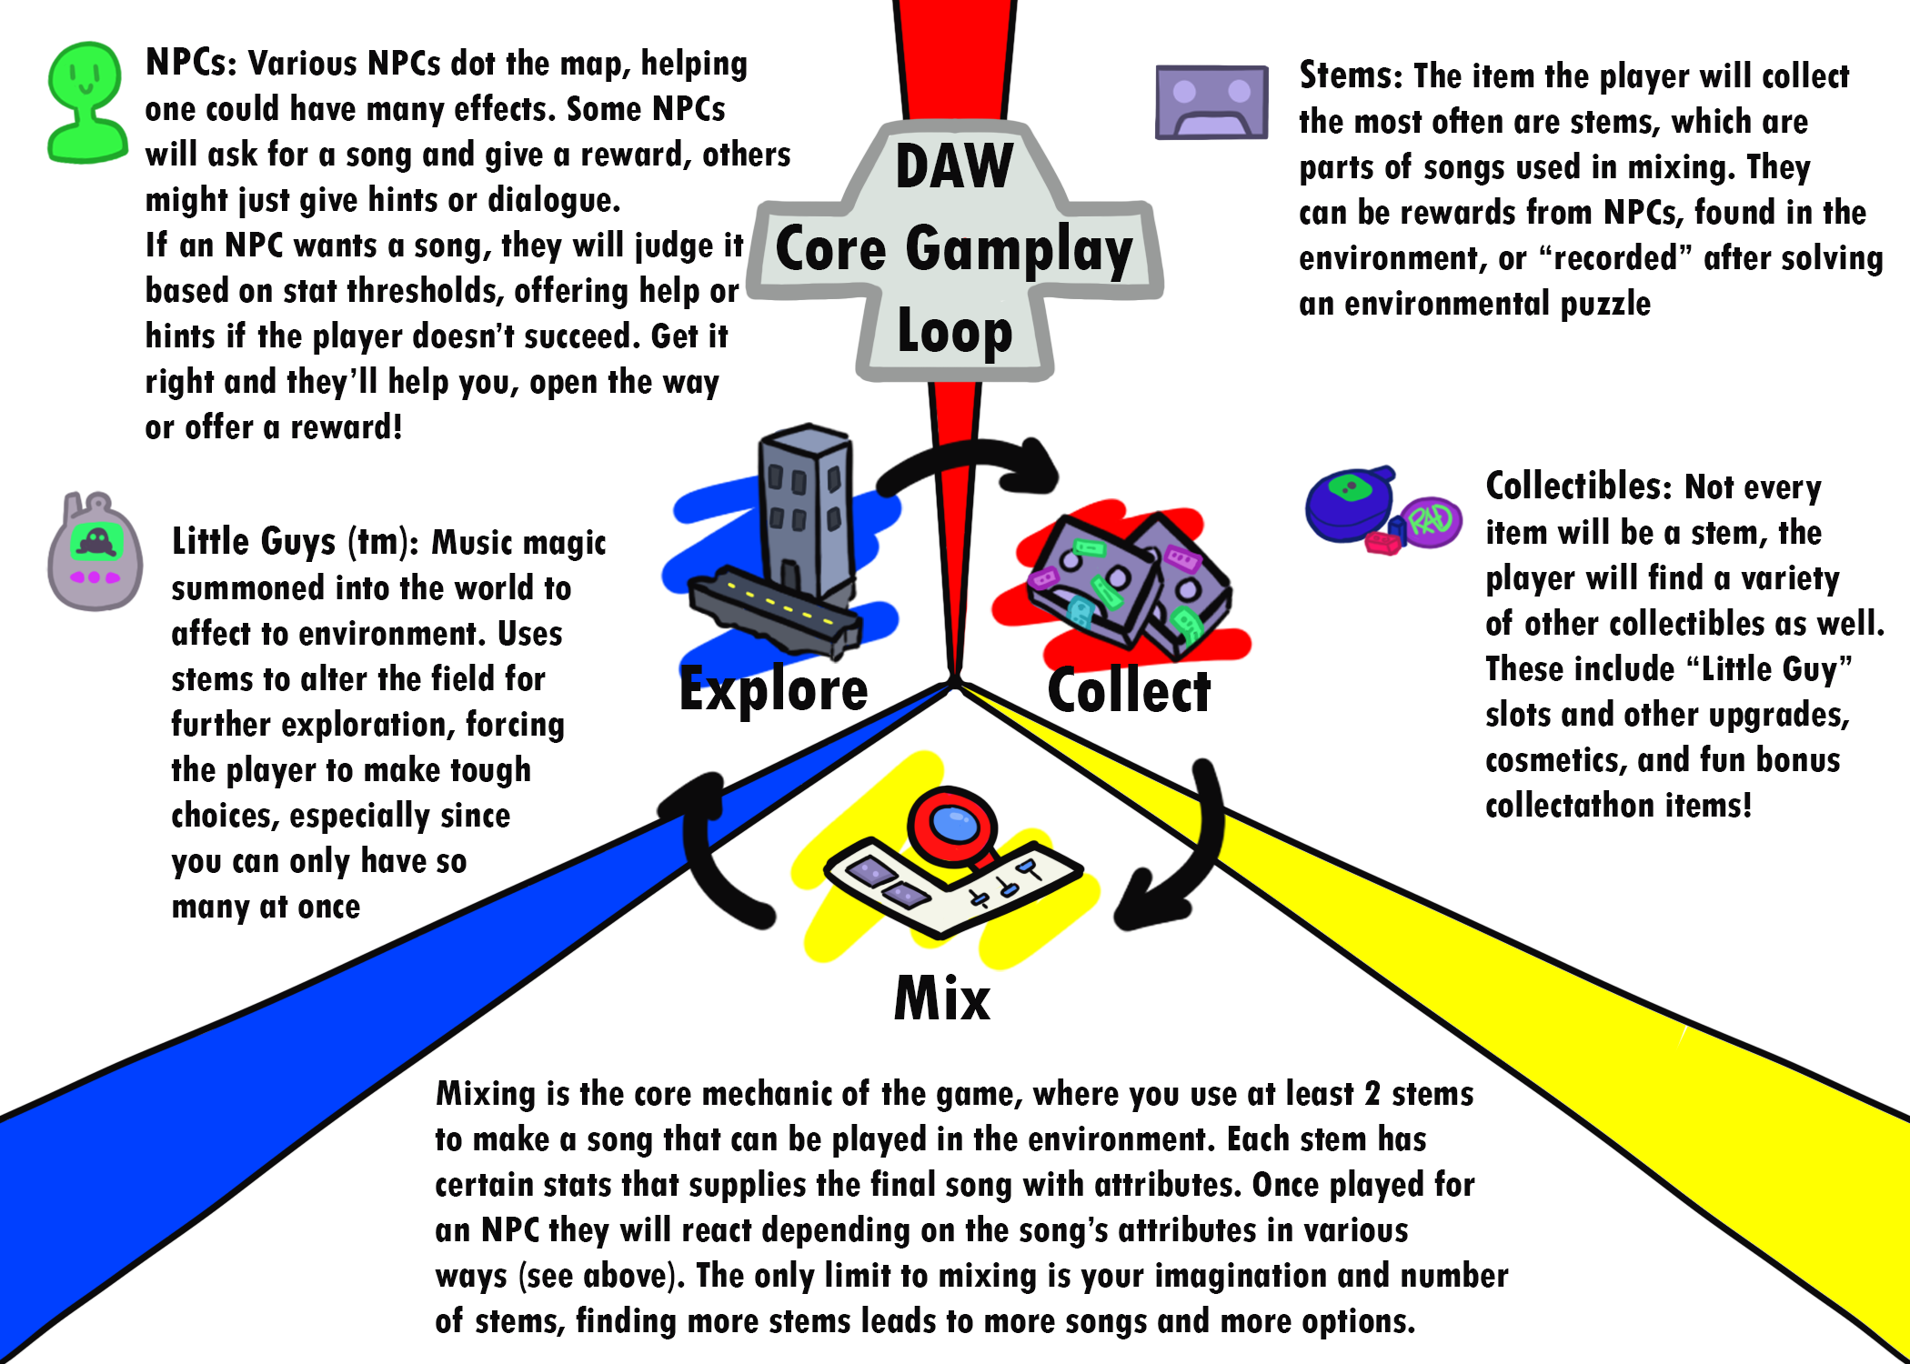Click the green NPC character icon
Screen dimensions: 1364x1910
[85, 102]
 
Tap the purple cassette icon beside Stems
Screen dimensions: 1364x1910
[1211, 102]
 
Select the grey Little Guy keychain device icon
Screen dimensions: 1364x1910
[95, 553]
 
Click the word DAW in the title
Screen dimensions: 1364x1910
[953, 166]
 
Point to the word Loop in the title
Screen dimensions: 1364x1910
[953, 332]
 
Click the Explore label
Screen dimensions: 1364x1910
[773, 689]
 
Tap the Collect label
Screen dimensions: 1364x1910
[1129, 691]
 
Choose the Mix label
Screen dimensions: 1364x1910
[941, 998]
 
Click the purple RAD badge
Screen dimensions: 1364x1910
[1431, 521]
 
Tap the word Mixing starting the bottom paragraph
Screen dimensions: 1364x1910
[486, 1094]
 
